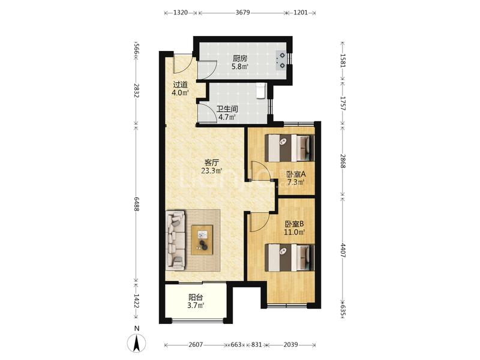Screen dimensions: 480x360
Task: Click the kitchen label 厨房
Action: coord(239,58)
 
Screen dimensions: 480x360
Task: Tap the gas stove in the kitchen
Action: coord(281,61)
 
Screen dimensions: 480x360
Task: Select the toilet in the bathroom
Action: coord(261,91)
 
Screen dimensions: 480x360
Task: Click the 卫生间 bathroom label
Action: coord(227,109)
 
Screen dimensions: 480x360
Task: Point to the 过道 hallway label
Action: coord(181,85)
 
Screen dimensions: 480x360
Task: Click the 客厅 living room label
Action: coord(212,162)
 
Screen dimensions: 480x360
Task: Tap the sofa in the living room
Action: coord(175,240)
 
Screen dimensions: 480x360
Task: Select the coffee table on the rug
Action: coord(202,239)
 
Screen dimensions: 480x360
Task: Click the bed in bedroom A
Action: coord(290,148)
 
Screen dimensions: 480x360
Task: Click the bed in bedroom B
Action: coord(290,257)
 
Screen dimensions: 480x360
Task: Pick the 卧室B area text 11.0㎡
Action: coord(295,232)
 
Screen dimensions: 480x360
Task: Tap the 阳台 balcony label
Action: coord(196,297)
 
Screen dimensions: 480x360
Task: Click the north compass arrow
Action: coord(136,343)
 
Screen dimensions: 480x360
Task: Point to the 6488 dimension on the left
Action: coord(137,203)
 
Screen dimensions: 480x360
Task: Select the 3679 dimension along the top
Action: coord(242,13)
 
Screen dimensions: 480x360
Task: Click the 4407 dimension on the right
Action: coord(343,250)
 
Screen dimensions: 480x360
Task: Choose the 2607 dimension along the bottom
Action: coord(196,344)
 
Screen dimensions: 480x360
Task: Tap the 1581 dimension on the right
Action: coord(343,61)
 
